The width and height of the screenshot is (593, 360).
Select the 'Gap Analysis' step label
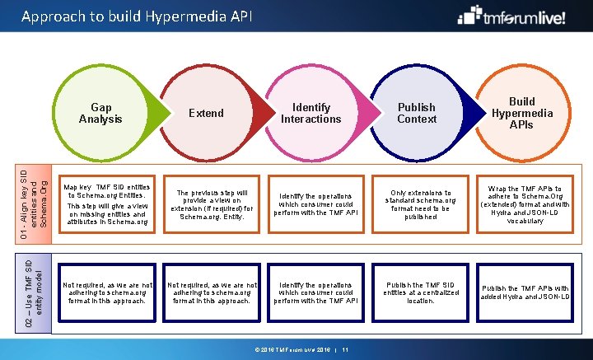(x=100, y=113)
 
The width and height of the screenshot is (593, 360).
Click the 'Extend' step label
(x=206, y=113)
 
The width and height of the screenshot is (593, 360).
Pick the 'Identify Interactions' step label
(x=311, y=113)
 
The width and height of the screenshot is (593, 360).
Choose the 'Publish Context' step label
(x=417, y=113)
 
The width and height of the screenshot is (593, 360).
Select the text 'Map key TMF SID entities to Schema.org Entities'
(x=107, y=191)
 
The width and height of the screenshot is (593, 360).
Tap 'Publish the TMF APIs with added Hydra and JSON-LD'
(x=525, y=292)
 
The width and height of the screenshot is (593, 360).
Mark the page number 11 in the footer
(x=346, y=350)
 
